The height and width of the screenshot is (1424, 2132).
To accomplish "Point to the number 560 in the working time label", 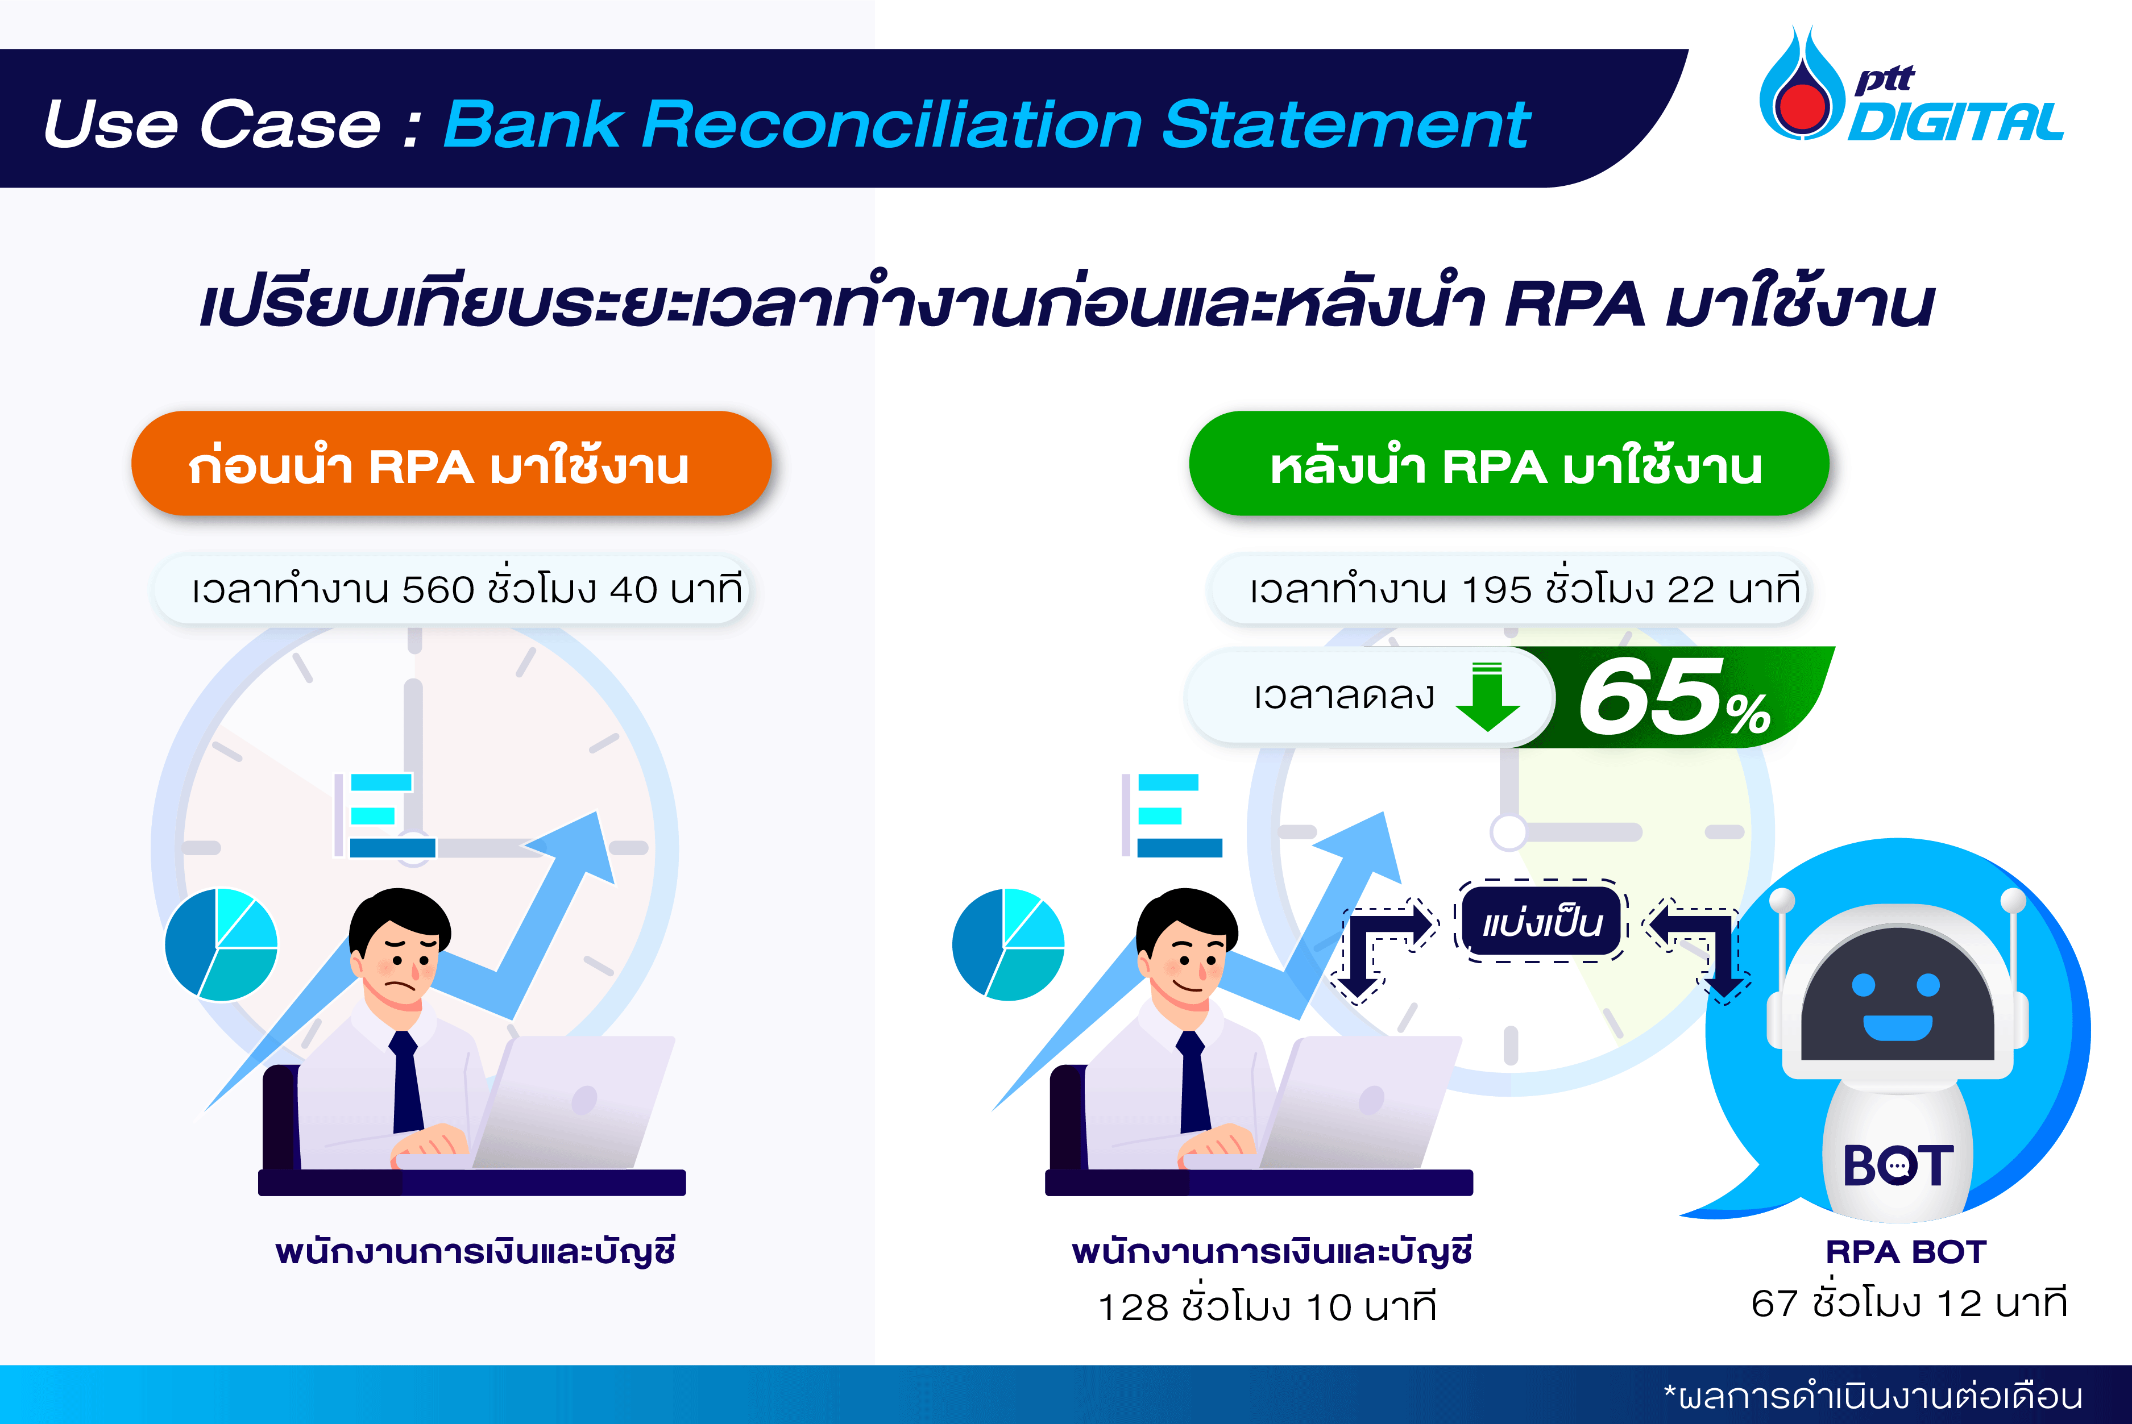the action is click(438, 589).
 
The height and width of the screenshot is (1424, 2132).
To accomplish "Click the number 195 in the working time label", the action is click(1496, 589).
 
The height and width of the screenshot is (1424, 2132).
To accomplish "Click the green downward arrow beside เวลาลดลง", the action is click(1487, 697).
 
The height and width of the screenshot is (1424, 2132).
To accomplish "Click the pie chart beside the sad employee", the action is click(221, 944).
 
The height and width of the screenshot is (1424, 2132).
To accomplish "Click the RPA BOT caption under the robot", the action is click(1906, 1252).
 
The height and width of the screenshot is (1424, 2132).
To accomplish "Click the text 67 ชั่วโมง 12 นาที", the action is click(1909, 1303).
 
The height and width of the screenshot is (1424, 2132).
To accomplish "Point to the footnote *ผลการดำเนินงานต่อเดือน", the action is click(1872, 1396).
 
